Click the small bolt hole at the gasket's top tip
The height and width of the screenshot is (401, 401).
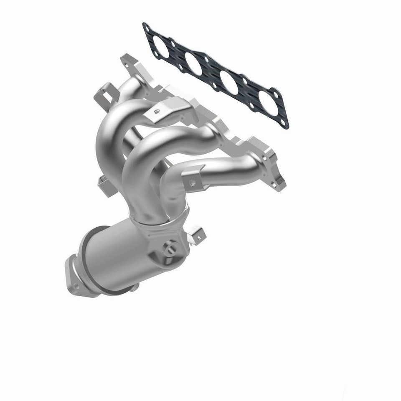(x=147, y=28)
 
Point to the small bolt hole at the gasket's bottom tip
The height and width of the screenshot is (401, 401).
(x=285, y=122)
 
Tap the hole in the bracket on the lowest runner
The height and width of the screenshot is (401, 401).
(x=193, y=182)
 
